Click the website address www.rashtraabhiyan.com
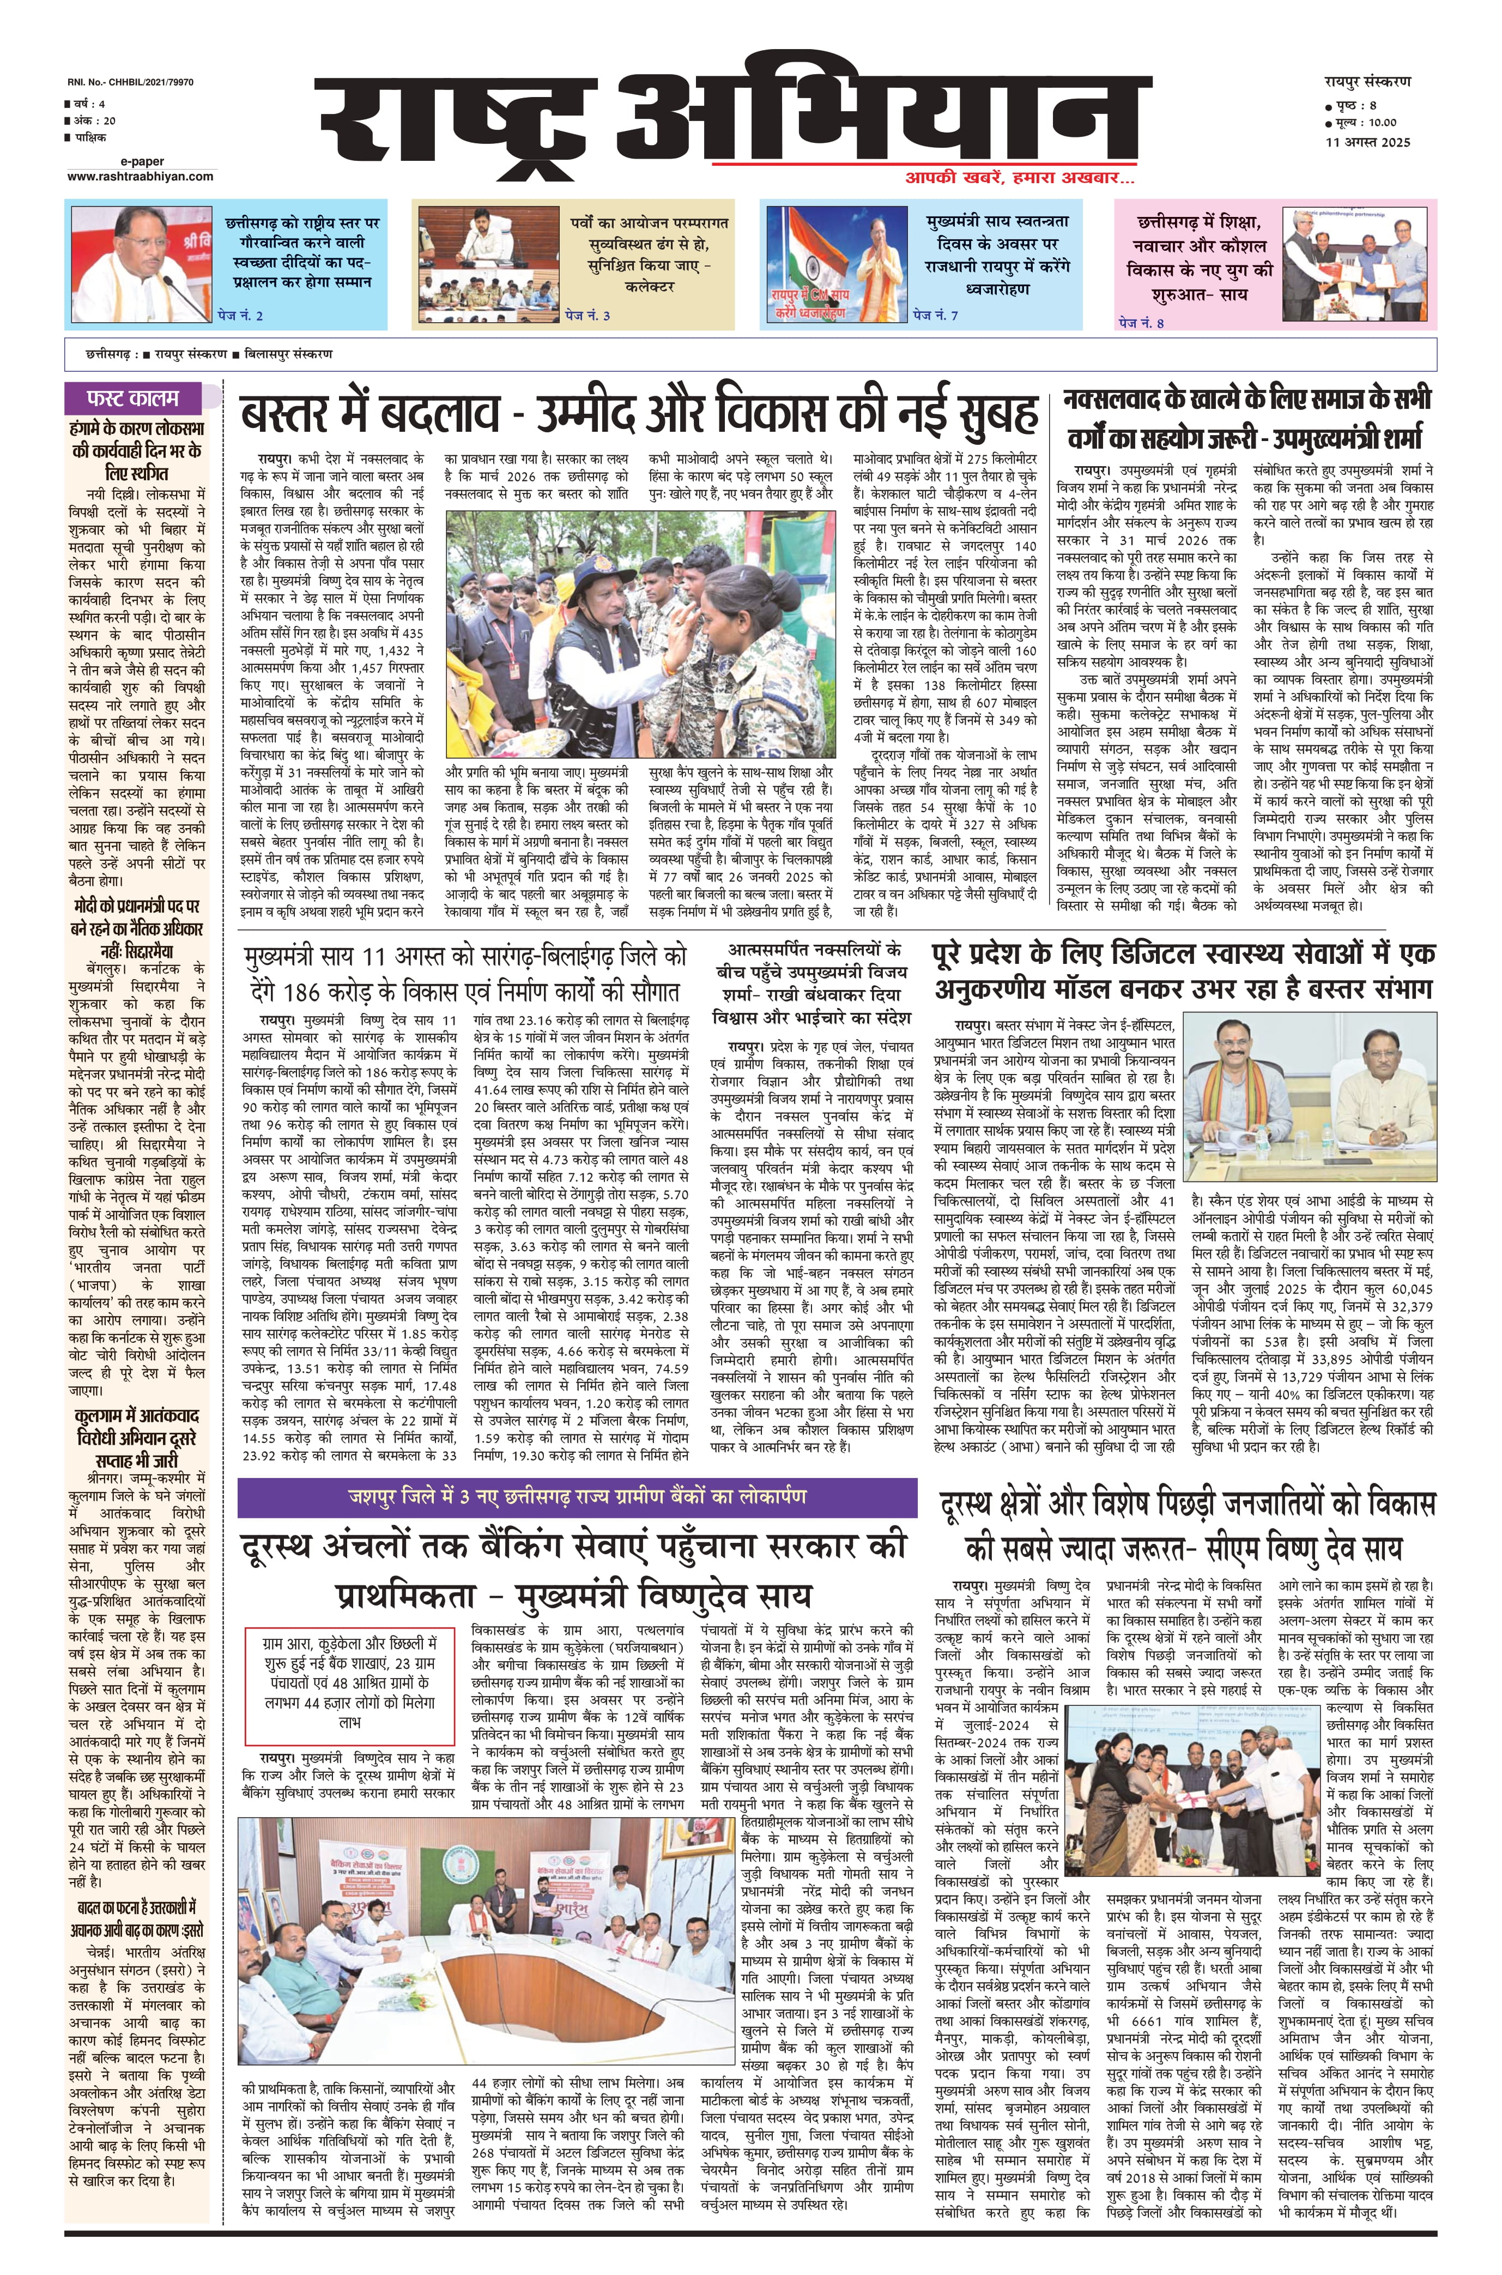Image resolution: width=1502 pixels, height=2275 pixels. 140,176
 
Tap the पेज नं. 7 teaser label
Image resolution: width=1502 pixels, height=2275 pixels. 935,315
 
